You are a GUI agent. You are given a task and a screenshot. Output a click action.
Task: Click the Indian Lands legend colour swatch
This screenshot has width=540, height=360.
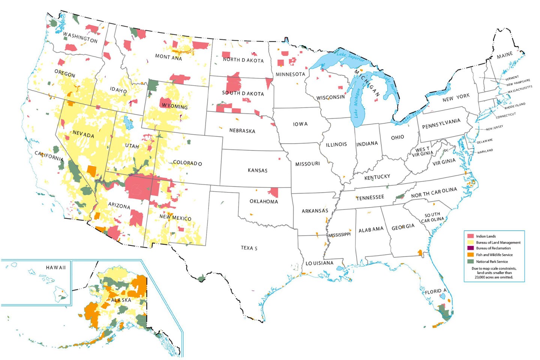pos(470,236)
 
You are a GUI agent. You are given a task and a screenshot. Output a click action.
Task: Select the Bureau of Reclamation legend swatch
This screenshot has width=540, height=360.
pos(470,248)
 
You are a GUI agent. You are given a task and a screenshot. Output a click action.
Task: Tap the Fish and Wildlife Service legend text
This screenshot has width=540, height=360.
pos(494,255)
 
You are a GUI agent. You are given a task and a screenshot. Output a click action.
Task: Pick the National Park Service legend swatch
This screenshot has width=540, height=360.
pos(470,261)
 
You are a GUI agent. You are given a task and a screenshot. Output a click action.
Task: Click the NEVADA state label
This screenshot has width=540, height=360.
pos(83,134)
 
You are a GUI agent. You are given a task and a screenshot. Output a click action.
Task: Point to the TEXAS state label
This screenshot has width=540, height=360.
pos(249,248)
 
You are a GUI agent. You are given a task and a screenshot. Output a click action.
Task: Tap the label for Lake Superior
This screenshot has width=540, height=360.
pos(350,56)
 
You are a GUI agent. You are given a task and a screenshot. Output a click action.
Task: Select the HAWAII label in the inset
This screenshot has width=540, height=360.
pos(55,267)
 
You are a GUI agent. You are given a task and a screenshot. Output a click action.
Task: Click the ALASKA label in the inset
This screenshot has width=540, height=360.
pos(121,300)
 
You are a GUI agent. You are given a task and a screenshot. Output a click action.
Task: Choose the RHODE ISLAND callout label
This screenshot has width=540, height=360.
pos(514,106)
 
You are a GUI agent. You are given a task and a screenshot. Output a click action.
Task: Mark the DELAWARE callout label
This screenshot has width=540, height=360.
pos(484,141)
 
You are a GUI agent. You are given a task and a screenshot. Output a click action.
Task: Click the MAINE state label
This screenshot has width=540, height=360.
pos(505,55)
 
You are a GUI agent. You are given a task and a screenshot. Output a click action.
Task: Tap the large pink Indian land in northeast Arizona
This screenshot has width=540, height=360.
pos(139,186)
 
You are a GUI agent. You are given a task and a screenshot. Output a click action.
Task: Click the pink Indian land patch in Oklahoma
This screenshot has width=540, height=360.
pos(274,192)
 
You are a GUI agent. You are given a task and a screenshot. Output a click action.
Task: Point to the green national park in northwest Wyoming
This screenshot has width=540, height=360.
pos(153,85)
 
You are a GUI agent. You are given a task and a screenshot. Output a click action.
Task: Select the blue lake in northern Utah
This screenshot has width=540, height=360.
pos(129,123)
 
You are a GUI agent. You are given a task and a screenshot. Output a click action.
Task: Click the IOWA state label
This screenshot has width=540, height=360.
pos(300,124)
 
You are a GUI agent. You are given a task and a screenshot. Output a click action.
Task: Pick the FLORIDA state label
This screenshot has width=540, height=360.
pos(436,291)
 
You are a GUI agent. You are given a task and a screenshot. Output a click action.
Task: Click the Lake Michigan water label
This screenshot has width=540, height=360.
pos(357,103)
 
